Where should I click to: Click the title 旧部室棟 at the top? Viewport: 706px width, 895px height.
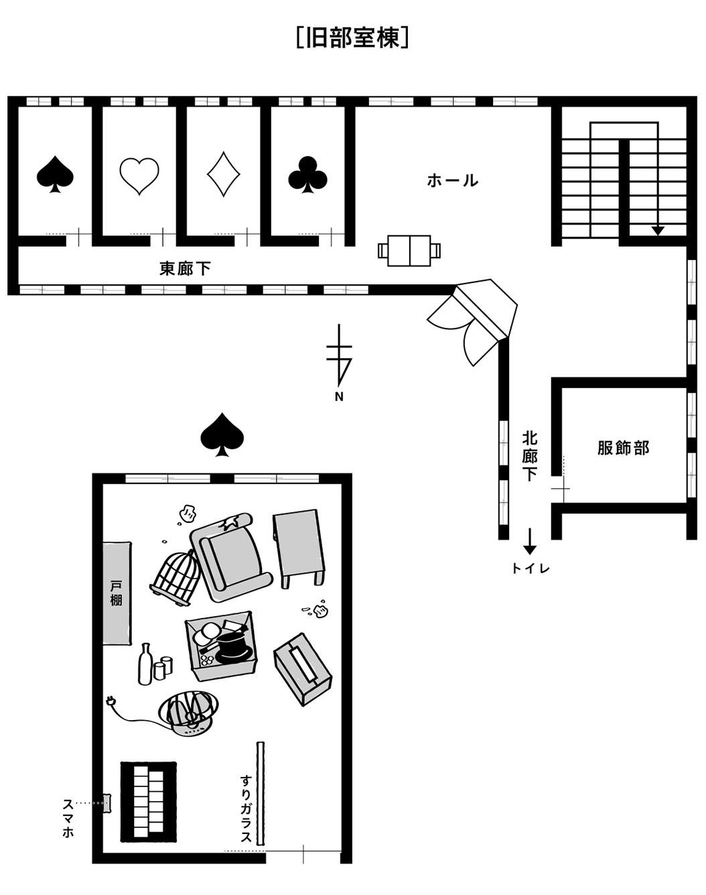pyautogui.click(x=353, y=38)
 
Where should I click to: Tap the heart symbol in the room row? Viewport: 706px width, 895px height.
pyautogui.click(x=139, y=176)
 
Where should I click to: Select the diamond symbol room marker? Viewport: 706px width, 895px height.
pyautogui.click(x=224, y=174)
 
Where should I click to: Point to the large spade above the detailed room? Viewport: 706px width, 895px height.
pyautogui.click(x=222, y=434)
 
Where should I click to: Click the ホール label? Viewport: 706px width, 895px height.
pyautogui.click(x=453, y=180)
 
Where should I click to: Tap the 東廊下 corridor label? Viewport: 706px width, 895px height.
pyautogui.click(x=185, y=268)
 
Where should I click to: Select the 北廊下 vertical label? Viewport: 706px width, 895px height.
pyautogui.click(x=529, y=456)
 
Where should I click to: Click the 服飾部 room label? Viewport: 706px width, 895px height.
pyautogui.click(x=624, y=448)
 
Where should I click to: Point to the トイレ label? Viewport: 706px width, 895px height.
pyautogui.click(x=531, y=569)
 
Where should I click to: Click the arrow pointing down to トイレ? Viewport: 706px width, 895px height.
pyautogui.click(x=529, y=541)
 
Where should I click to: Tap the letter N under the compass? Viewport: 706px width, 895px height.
pyautogui.click(x=339, y=397)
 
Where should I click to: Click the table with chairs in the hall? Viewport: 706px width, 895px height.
pyautogui.click(x=409, y=250)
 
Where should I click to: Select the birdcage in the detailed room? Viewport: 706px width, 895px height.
pyautogui.click(x=176, y=578)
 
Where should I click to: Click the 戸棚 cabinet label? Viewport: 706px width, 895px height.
pyautogui.click(x=117, y=593)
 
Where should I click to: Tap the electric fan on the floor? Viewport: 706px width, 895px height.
pyautogui.click(x=189, y=714)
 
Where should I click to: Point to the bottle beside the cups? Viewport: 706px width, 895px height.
pyautogui.click(x=145, y=664)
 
